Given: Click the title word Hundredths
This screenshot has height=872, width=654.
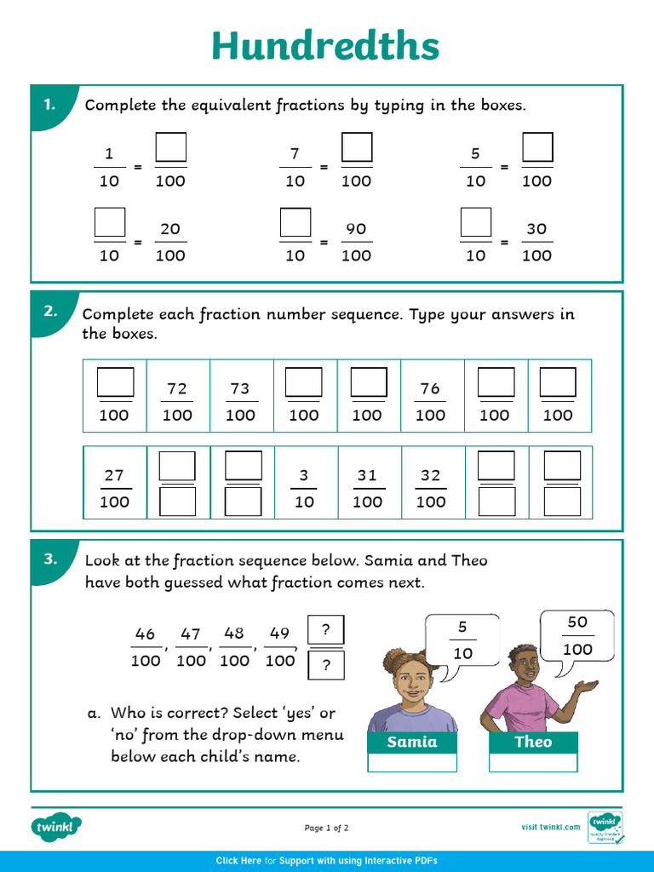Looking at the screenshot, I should tap(325, 46).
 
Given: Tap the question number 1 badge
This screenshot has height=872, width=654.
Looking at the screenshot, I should tap(49, 105).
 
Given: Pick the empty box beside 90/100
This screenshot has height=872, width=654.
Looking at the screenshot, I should tap(295, 223).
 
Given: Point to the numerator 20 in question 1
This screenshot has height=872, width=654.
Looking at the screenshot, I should tap(170, 229).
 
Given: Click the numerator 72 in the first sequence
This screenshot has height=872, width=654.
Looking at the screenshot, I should tap(177, 389).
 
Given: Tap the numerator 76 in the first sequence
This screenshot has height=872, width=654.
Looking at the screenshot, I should tap(430, 389).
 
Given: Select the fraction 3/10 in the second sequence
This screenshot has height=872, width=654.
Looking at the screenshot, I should tap(304, 489).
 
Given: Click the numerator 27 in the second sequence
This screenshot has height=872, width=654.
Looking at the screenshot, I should tap(114, 475).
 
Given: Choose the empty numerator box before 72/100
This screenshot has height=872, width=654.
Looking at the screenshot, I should tap(115, 381).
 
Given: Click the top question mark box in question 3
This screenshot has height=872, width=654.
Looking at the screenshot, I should tap(325, 631).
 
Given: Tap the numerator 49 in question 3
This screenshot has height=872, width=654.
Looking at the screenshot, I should tap(279, 634).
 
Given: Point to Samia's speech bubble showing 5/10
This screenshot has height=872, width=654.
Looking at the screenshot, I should tap(462, 640).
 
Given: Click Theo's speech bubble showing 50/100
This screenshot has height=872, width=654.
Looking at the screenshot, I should tap(577, 635).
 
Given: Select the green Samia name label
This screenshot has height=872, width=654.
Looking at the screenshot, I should tap(412, 742).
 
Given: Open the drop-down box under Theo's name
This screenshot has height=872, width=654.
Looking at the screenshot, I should tap(533, 763).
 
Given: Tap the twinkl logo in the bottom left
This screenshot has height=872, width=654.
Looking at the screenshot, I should tap(57, 826).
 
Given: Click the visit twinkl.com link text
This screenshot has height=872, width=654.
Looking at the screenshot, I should tap(550, 827).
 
